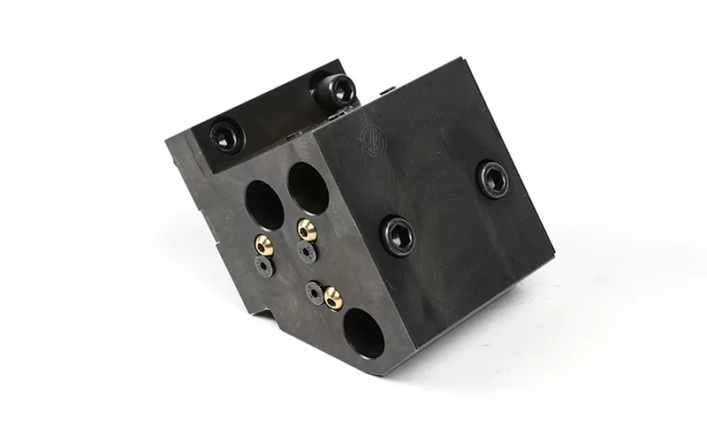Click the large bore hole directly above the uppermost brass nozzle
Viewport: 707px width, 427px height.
(x=307, y=185)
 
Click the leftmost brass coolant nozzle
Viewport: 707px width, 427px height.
(x=264, y=243)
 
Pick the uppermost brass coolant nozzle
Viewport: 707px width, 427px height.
(x=308, y=228)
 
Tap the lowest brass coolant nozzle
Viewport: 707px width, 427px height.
(x=332, y=297)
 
